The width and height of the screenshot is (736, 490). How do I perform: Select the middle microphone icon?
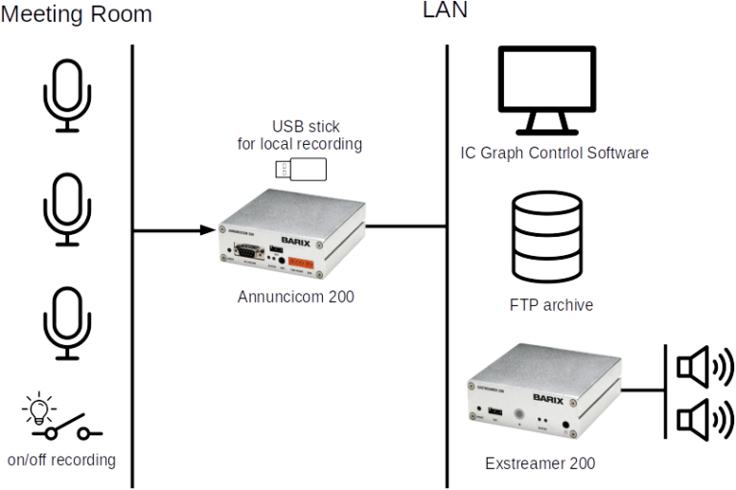[x=65, y=210]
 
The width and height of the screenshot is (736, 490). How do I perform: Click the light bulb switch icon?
[x=55, y=414]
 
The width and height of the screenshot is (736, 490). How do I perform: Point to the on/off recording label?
[x=60, y=459]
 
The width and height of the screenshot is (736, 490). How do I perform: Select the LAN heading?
[x=445, y=10]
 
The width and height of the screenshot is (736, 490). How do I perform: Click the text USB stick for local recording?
[x=299, y=136]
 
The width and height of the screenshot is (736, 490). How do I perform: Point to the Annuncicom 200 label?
[x=295, y=298]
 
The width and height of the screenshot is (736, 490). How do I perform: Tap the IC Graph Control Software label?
[x=554, y=153]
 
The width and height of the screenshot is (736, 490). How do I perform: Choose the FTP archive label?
[x=550, y=305]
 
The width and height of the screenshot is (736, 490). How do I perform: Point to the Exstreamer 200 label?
[x=540, y=464]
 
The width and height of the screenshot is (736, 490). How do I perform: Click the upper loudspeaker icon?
[x=703, y=366]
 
